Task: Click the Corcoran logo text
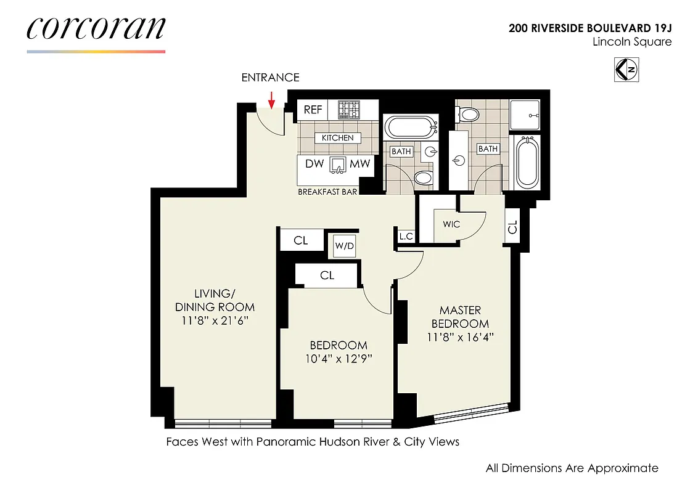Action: (x=96, y=29)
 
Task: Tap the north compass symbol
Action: (x=626, y=70)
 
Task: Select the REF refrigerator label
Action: (x=313, y=110)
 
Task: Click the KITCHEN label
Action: (x=337, y=138)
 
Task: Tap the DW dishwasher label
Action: (x=314, y=165)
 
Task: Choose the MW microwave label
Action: (x=359, y=165)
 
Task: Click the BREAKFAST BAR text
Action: (x=327, y=192)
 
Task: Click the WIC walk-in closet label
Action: (x=451, y=224)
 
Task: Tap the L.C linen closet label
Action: (x=405, y=236)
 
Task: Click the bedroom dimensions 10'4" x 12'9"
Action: (x=339, y=359)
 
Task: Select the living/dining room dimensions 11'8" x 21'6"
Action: (x=215, y=320)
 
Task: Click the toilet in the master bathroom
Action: (x=469, y=114)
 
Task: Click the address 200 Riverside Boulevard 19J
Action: (x=590, y=28)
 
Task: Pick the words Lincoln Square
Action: (x=631, y=42)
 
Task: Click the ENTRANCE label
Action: (x=270, y=78)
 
